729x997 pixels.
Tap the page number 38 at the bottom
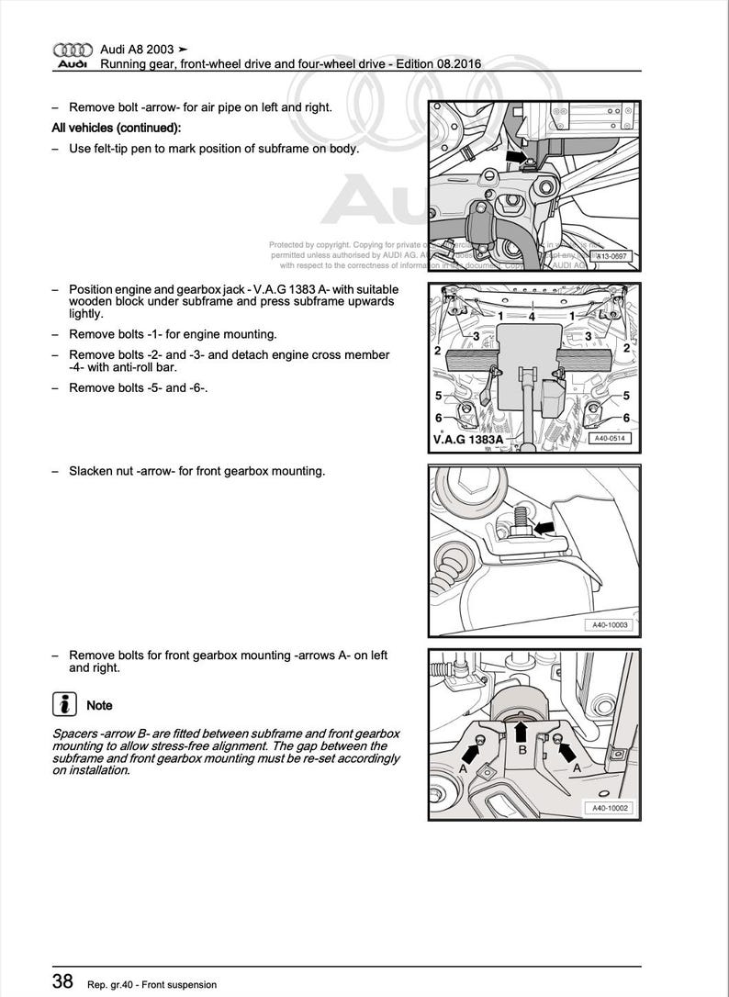62,982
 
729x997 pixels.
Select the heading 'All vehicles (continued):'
116,128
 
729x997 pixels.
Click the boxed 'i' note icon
64,705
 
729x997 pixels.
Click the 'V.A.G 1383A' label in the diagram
467,440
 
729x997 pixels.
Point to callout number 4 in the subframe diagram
531,317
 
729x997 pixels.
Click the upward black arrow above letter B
522,730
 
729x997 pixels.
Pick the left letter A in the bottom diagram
463,769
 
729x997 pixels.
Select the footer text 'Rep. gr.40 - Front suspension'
152,984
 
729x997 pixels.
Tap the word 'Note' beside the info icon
99,705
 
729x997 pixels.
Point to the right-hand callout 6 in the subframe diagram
626,418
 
